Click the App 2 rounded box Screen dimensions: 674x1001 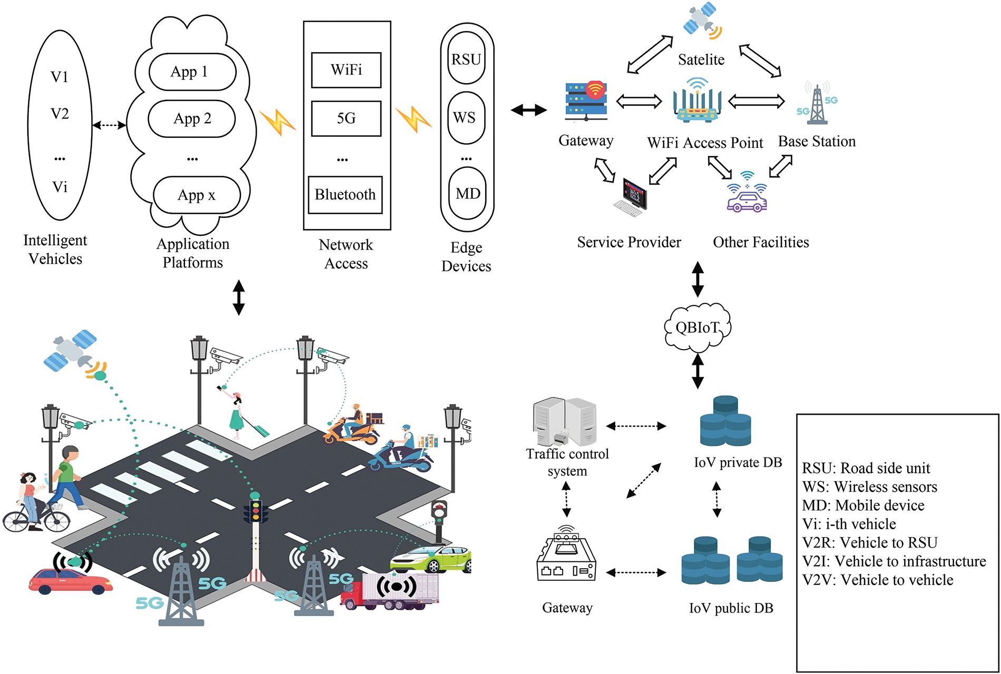click(192, 119)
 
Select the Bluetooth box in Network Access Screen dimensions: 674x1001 click(345, 195)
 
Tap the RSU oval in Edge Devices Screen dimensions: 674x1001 click(466, 59)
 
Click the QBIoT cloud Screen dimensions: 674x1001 click(698, 328)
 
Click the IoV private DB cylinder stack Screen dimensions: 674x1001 click(725, 421)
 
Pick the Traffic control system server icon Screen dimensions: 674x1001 click(565, 421)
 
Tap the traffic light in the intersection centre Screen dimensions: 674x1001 click(256, 511)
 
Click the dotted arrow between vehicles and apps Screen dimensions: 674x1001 click(110, 125)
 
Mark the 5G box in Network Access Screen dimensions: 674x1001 click(346, 118)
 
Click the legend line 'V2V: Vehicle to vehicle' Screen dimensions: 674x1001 click(878, 580)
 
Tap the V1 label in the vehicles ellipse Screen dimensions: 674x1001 click(60, 77)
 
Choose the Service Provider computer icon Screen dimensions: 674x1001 click(631, 197)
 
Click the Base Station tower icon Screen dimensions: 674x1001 click(817, 104)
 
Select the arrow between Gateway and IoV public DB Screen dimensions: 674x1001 click(636, 572)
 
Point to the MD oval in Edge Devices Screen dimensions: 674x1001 click(467, 193)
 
